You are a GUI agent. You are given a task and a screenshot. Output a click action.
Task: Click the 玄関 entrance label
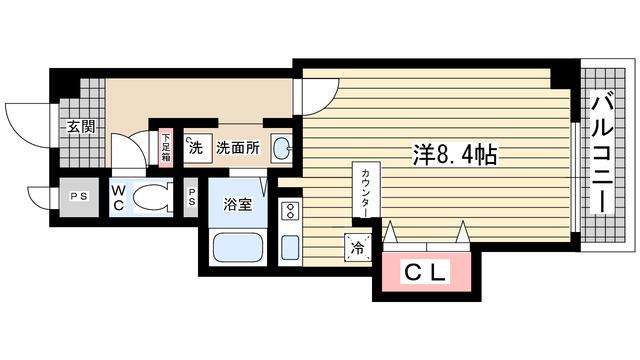82,127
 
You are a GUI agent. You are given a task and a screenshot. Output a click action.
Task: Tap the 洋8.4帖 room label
456,155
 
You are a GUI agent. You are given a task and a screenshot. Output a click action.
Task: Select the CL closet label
426,270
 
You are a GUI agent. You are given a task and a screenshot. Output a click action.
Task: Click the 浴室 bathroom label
237,204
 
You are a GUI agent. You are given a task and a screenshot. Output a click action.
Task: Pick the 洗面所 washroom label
239,146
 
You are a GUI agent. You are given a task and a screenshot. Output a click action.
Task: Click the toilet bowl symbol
153,195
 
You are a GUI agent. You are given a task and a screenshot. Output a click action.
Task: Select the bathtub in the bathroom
237,247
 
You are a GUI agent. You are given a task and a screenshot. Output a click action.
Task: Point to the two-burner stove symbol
290,211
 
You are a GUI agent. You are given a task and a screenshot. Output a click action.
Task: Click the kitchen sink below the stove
290,247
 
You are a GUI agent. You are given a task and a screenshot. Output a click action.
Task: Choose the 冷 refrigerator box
356,247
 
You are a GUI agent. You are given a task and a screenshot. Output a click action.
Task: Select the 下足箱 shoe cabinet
166,146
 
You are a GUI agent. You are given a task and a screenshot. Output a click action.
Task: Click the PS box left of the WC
77,197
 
